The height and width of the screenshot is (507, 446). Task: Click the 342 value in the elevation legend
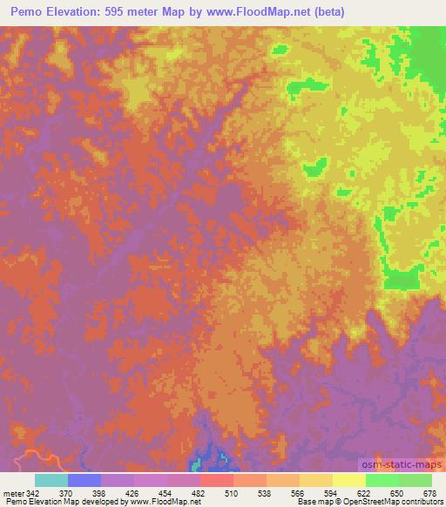coord(30,492)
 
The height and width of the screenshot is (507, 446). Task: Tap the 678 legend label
coord(429,492)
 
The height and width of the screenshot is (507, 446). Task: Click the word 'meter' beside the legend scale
coord(12,492)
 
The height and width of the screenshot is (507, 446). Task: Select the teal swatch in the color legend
coord(51,480)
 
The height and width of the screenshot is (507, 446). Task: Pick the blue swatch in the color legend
coord(84,480)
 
